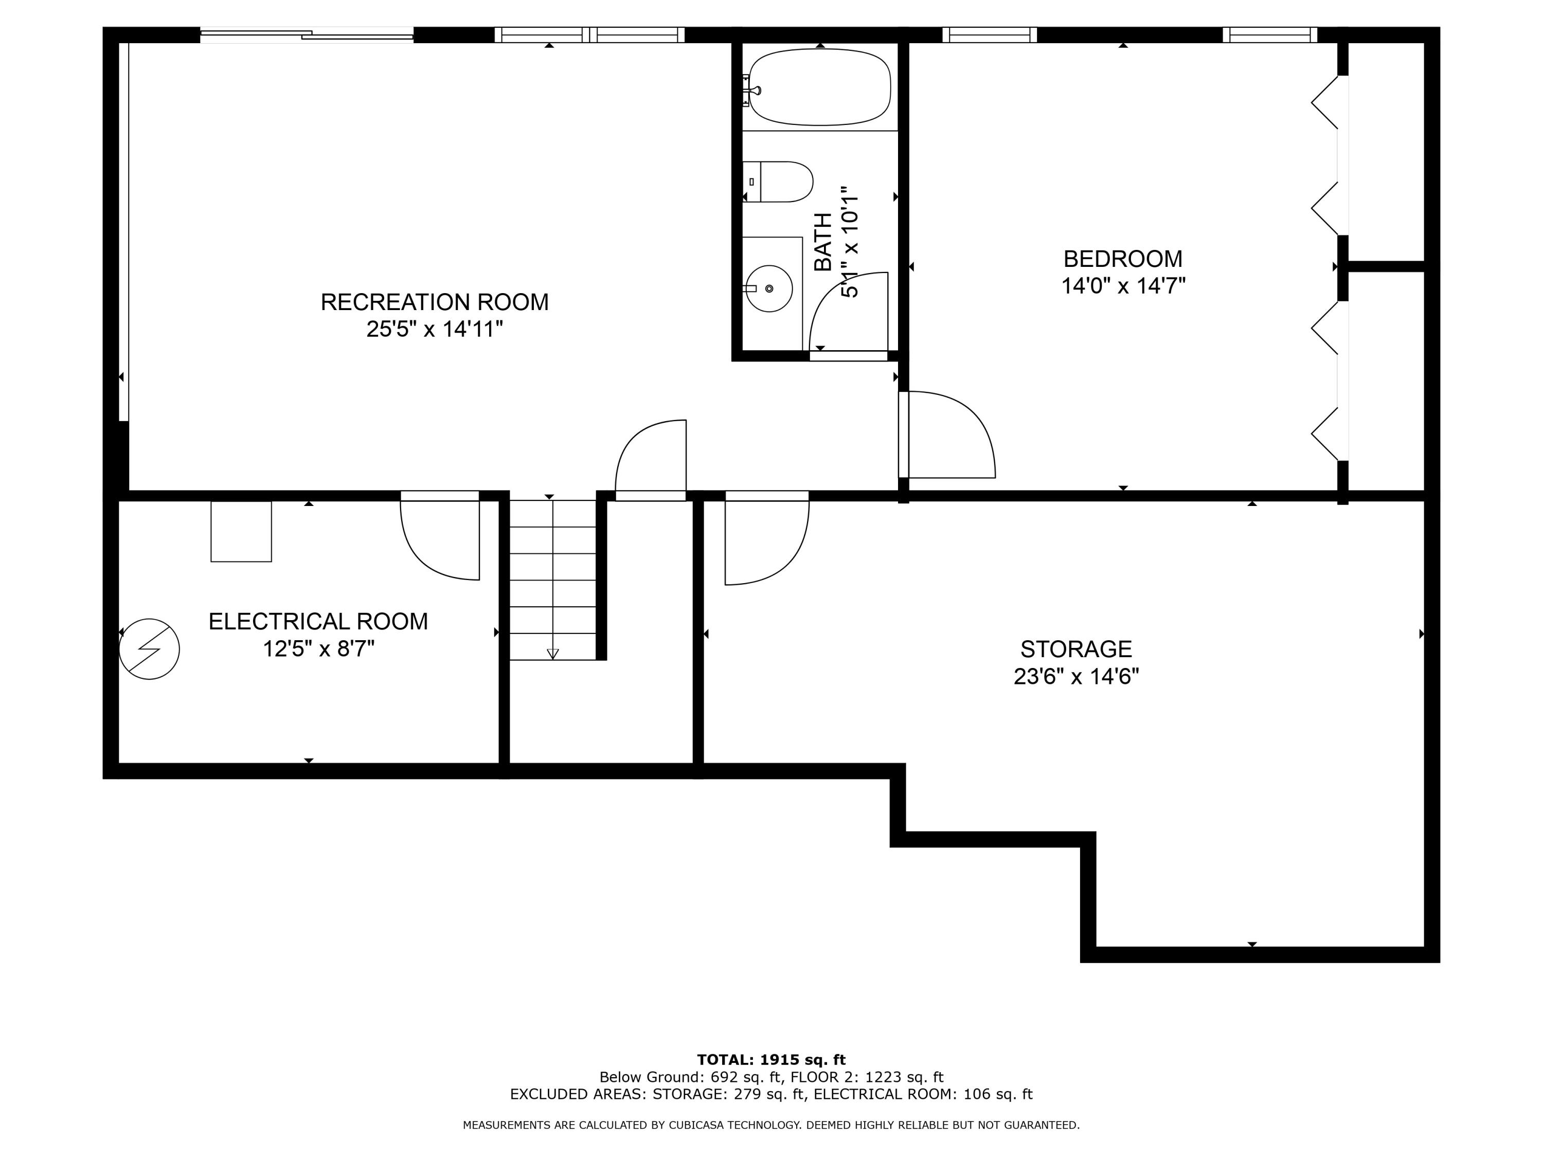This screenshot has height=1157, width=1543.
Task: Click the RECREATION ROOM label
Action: click(x=434, y=302)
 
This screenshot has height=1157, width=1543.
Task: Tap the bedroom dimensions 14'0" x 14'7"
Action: click(x=1123, y=286)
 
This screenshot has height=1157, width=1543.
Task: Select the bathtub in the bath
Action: click(x=820, y=87)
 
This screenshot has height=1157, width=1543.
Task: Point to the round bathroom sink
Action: click(x=769, y=288)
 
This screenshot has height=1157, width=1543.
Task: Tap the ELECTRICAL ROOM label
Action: click(x=318, y=621)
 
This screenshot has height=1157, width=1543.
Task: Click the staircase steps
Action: click(x=552, y=579)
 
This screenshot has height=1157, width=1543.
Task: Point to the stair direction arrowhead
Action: click(x=552, y=654)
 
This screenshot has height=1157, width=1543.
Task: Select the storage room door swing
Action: click(x=766, y=544)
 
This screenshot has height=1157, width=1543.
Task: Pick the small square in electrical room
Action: click(x=241, y=531)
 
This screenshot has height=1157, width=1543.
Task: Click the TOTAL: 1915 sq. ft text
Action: click(x=771, y=1060)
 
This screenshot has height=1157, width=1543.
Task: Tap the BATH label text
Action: click(x=823, y=242)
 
